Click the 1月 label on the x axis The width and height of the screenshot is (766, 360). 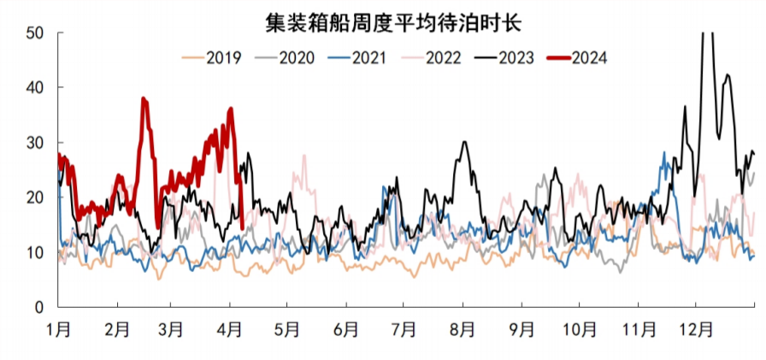(x=59, y=328)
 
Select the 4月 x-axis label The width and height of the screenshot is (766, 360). (x=232, y=328)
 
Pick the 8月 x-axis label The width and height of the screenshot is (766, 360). (x=463, y=328)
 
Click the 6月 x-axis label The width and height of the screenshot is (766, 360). (x=347, y=328)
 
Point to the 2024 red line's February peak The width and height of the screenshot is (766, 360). (x=144, y=99)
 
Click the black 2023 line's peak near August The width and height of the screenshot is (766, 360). (x=464, y=142)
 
